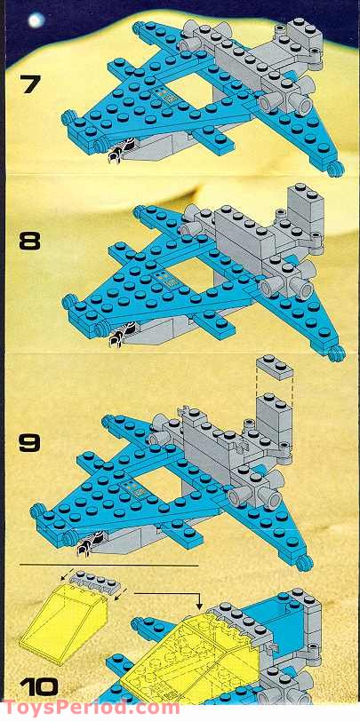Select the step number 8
click(29, 241)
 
